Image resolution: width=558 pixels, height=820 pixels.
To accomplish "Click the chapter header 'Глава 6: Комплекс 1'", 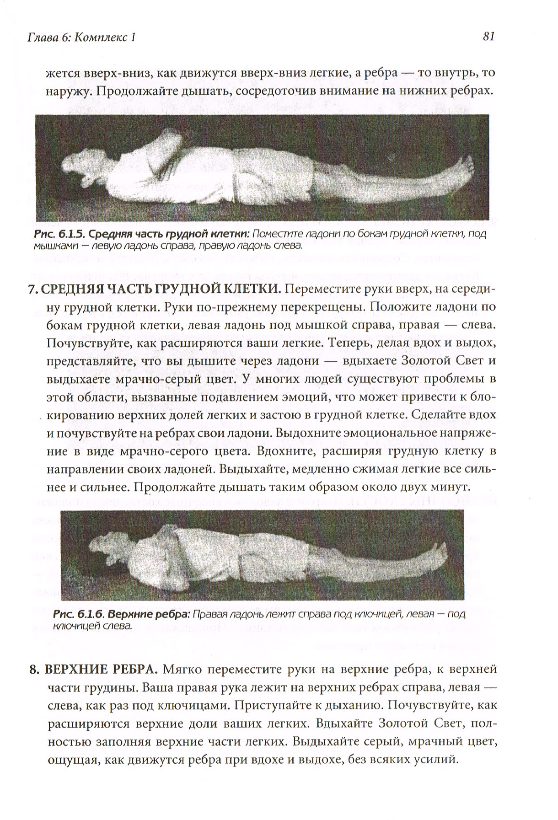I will tap(82, 38).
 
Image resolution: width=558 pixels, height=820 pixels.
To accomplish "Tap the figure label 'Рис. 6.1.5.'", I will tap(59, 235).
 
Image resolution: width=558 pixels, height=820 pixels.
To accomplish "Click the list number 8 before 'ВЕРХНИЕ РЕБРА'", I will tap(32, 670).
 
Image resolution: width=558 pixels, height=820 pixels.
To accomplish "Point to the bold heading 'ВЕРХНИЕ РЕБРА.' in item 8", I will tap(101, 670).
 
